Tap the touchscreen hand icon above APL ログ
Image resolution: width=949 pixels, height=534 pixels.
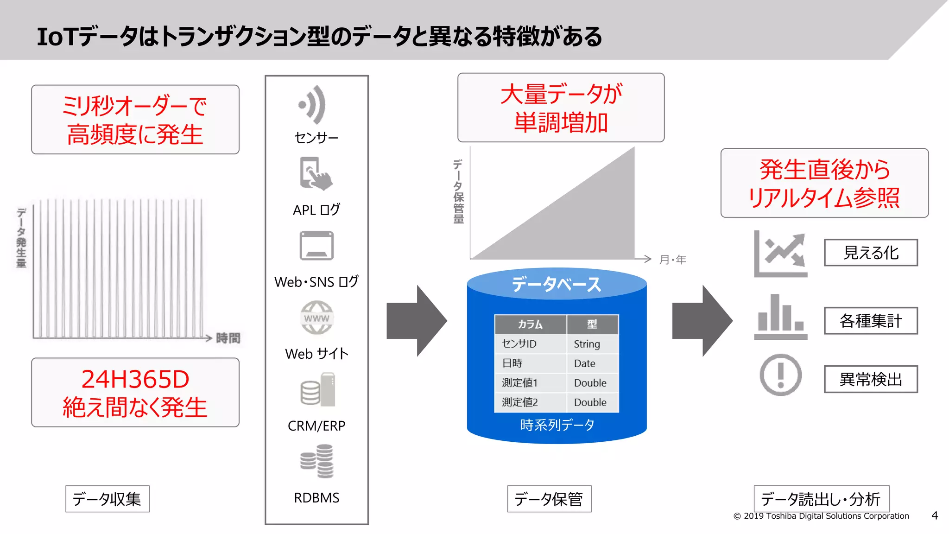point(316,174)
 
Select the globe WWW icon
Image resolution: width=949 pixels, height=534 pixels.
point(316,318)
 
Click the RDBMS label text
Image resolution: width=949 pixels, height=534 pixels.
point(316,498)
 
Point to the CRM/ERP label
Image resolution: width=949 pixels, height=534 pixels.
point(316,426)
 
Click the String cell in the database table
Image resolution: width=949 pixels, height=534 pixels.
point(587,344)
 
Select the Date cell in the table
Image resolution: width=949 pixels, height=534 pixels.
point(584,363)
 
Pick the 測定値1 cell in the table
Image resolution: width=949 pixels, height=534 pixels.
point(519,383)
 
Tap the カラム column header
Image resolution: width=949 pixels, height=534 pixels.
point(530,324)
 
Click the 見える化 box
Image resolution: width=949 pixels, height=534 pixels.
point(871,253)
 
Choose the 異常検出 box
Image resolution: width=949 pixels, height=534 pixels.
point(871,380)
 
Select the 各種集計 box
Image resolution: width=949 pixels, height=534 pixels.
point(871,321)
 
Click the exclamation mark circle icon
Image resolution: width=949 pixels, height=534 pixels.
point(781,375)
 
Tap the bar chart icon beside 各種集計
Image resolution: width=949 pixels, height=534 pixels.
point(781,317)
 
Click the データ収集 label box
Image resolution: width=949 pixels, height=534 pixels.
point(107,499)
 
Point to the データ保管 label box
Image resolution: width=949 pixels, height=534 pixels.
point(549,499)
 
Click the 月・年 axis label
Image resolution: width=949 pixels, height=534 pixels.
point(673,260)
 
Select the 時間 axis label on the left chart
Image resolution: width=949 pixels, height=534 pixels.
point(228,338)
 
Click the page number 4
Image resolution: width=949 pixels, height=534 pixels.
point(935,515)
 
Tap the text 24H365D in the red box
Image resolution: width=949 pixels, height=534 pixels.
point(135,379)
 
